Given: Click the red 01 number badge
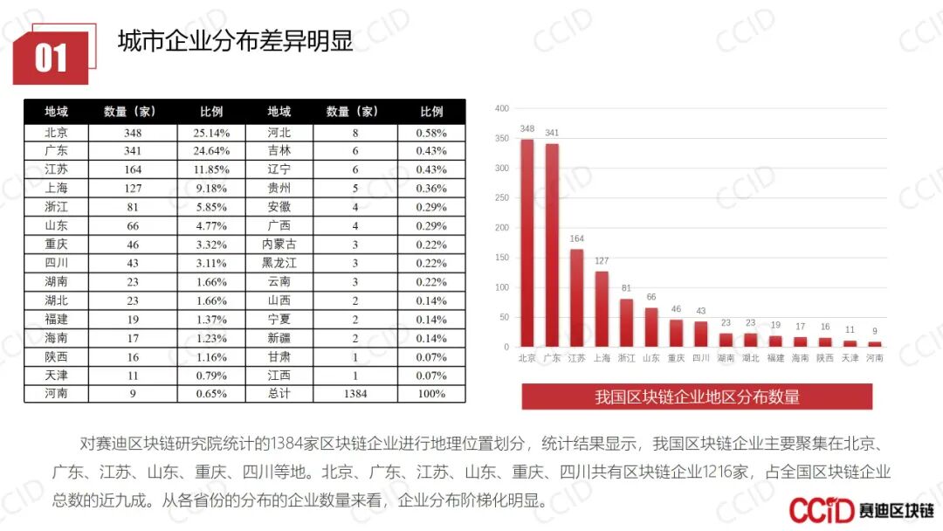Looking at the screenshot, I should click(x=51, y=59).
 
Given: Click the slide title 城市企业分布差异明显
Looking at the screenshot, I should click(x=235, y=40).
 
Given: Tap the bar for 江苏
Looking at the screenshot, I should click(x=577, y=298).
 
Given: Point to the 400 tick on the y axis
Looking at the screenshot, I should click(x=501, y=108).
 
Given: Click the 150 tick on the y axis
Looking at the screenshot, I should click(x=501, y=258).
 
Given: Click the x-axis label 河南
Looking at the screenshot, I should click(x=875, y=358).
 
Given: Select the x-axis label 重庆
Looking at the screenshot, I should click(x=676, y=358).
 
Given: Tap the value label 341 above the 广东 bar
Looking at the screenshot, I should click(x=552, y=133).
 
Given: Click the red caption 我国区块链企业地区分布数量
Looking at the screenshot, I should click(x=697, y=397).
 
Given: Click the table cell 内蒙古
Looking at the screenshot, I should click(x=279, y=244).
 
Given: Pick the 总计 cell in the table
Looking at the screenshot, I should click(x=279, y=394).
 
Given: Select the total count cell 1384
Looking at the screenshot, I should click(x=355, y=394).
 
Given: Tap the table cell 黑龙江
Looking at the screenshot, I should click(x=279, y=263).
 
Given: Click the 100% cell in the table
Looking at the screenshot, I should click(x=431, y=394).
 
